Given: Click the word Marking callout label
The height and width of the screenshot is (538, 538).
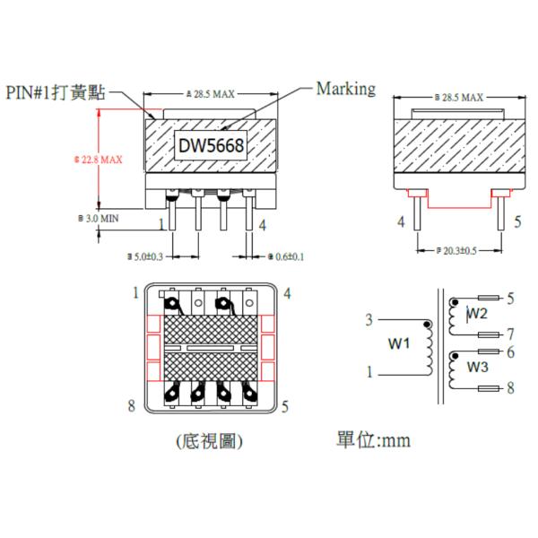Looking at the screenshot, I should click(x=346, y=88).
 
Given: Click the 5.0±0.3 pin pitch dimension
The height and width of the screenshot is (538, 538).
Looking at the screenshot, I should click(x=148, y=256).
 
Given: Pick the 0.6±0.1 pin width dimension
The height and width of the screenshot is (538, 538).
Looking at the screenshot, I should click(x=287, y=256).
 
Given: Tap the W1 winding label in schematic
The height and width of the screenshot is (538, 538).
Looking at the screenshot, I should click(x=399, y=343).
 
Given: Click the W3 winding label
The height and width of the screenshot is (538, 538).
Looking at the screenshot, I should click(x=477, y=368).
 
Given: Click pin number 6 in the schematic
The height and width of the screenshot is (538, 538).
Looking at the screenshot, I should click(x=510, y=352).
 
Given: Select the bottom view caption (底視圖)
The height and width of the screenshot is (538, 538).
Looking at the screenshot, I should click(x=209, y=441).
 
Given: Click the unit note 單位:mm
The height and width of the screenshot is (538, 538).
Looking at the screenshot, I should click(x=374, y=440).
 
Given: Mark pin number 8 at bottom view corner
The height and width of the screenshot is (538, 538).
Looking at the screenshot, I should click(x=132, y=406).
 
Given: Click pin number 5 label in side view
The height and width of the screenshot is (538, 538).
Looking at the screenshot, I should click(x=517, y=221).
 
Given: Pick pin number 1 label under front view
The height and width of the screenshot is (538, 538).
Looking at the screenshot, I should click(x=162, y=224).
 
